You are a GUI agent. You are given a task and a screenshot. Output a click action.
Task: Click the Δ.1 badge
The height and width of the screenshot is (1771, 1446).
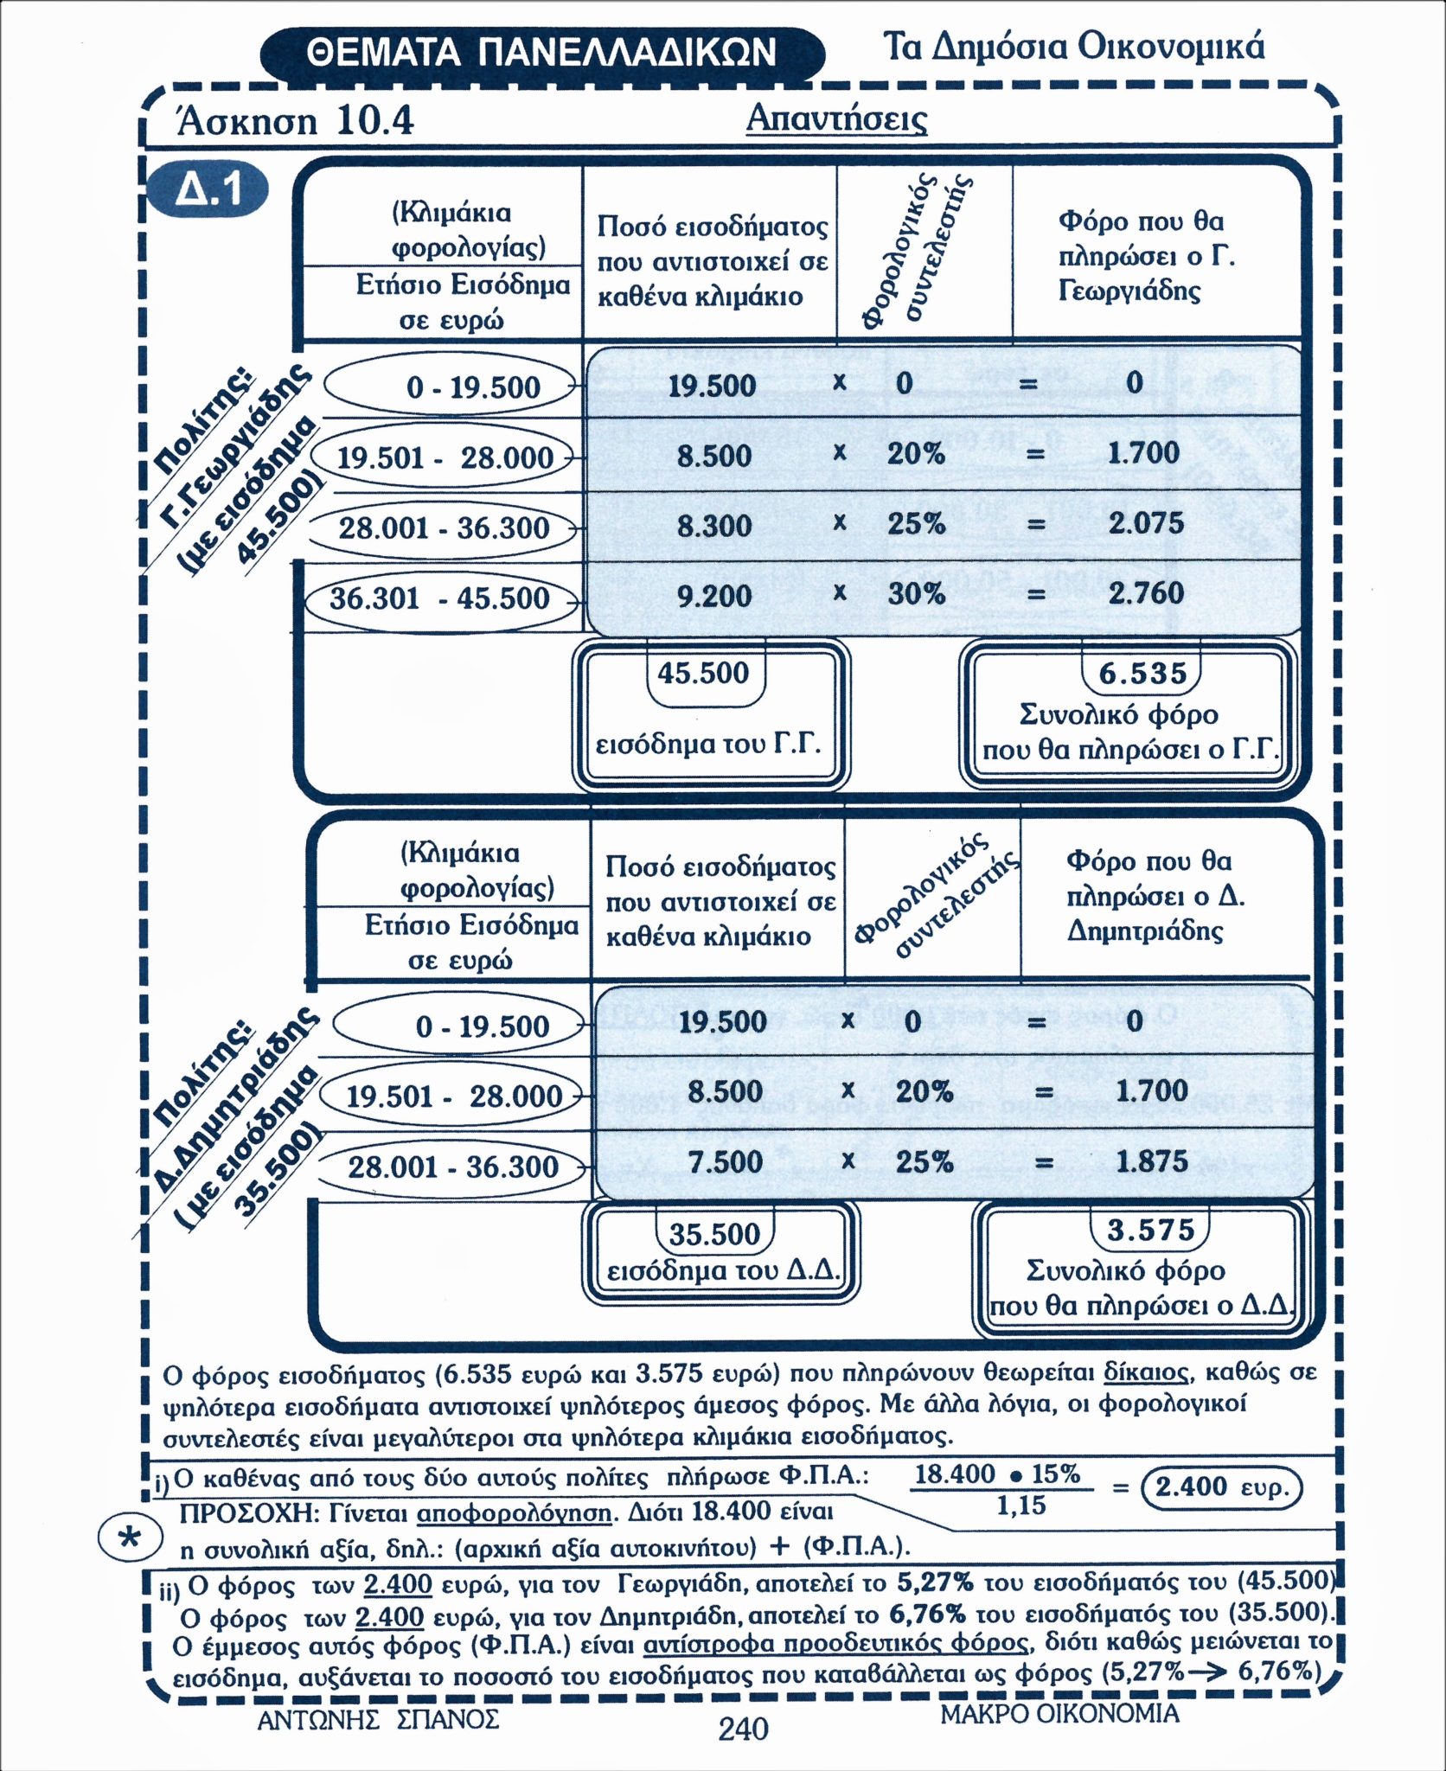pyautogui.click(x=208, y=190)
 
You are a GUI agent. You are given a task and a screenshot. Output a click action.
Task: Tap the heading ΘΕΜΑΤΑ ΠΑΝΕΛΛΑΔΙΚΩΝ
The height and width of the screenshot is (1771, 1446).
pyautogui.click(x=541, y=53)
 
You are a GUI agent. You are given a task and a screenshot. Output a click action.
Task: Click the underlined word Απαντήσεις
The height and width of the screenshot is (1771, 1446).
pyautogui.click(x=836, y=118)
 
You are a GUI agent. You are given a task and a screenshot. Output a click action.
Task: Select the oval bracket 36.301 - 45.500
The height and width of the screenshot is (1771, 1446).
pyautogui.click(x=440, y=598)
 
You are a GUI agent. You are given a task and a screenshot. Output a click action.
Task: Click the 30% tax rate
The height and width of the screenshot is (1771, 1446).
pyautogui.click(x=916, y=593)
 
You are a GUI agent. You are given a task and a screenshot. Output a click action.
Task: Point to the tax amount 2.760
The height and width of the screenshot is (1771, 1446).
pyautogui.click(x=1146, y=593)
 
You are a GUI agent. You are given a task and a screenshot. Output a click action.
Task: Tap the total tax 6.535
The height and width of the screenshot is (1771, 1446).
pyautogui.click(x=1142, y=674)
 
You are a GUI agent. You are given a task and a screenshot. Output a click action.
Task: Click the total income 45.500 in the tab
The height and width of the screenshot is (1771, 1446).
pyautogui.click(x=703, y=673)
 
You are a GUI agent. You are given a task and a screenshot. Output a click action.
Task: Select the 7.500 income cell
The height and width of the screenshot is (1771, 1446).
pyautogui.click(x=726, y=1161)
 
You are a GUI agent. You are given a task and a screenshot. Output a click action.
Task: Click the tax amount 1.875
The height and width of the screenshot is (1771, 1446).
pyautogui.click(x=1152, y=1161)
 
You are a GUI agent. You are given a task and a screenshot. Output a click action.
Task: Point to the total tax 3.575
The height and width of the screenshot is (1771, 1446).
pyautogui.click(x=1150, y=1231)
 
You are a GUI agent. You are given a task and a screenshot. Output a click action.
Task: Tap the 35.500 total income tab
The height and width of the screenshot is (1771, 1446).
pyautogui.click(x=714, y=1234)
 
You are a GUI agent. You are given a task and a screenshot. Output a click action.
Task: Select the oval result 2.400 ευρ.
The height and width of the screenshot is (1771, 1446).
pyautogui.click(x=1222, y=1487)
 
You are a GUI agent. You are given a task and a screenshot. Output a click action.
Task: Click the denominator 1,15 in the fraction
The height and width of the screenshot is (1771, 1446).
pyautogui.click(x=1021, y=1506)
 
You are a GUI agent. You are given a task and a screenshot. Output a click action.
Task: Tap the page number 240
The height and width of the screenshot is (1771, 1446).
pyautogui.click(x=743, y=1729)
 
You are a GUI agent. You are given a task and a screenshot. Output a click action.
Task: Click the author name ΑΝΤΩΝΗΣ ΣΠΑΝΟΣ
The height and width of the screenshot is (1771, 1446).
pyautogui.click(x=378, y=1717)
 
